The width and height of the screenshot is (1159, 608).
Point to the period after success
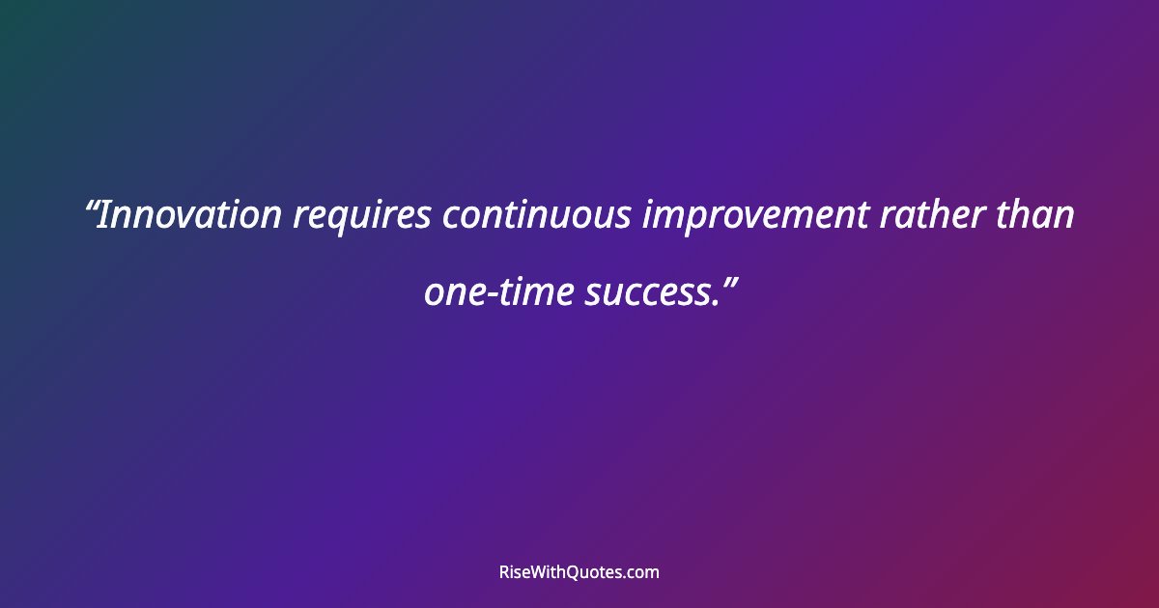pos(713,302)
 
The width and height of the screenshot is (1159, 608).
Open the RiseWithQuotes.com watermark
pos(579,572)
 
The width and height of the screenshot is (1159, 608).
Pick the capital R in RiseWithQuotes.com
pos(504,572)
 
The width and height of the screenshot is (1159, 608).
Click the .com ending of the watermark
pos(643,573)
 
